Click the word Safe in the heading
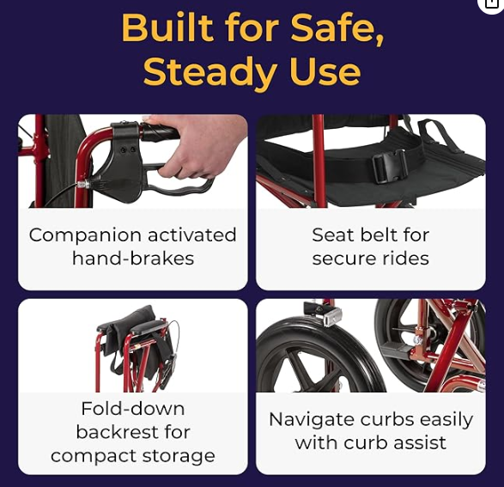[337, 28]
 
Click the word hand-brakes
[133, 259]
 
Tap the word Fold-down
[133, 409]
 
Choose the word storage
[179, 456]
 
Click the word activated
[191, 235]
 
